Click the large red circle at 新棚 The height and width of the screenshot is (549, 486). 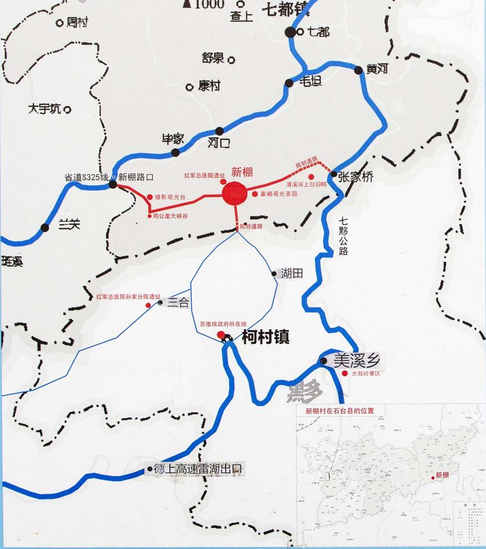pyautogui.click(x=234, y=193)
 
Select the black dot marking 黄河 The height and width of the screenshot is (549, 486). pyautogui.click(x=359, y=71)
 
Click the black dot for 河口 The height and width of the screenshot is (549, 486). pyautogui.click(x=220, y=131)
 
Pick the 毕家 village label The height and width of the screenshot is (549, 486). pyautogui.click(x=173, y=139)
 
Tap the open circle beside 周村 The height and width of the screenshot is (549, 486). pyautogui.click(x=60, y=23)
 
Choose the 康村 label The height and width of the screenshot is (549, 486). pyautogui.click(x=209, y=85)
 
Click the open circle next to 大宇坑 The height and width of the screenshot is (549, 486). pyautogui.click(x=67, y=109)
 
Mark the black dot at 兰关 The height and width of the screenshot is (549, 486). pyautogui.click(x=45, y=227)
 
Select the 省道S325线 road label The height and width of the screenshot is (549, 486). pyautogui.click(x=86, y=176)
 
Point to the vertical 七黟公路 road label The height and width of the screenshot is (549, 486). pyautogui.click(x=343, y=236)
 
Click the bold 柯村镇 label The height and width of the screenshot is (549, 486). pyautogui.click(x=264, y=337)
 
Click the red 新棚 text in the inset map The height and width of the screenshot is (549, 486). pyautogui.click(x=442, y=475)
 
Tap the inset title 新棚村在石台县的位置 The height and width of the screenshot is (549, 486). pyautogui.click(x=340, y=410)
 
